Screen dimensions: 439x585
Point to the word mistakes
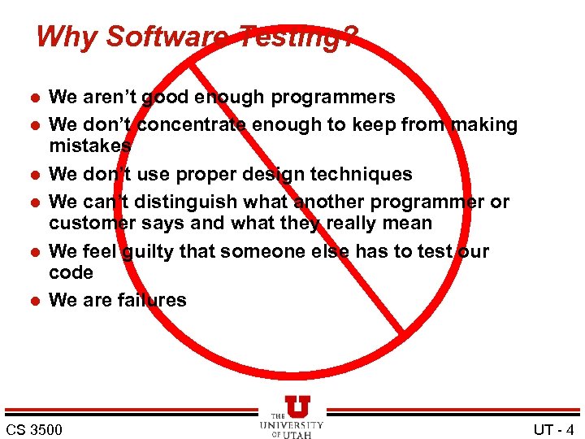(x=90, y=146)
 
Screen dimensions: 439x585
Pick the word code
(x=71, y=272)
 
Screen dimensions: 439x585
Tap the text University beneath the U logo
(x=292, y=425)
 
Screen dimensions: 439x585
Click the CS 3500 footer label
(x=33, y=429)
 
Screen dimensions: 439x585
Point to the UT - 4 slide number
(x=554, y=429)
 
